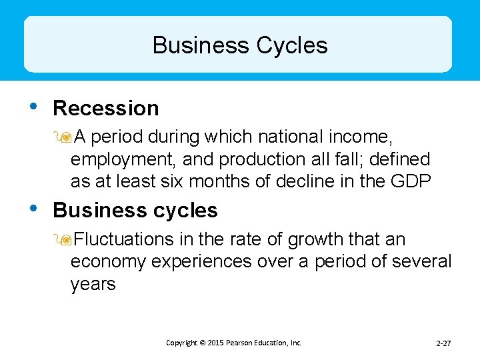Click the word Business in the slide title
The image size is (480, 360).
[x=199, y=45]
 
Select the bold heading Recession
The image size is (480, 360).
[x=105, y=108]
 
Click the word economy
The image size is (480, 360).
[x=108, y=261]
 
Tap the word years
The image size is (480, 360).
[x=93, y=284]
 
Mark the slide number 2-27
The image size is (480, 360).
[x=443, y=343]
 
